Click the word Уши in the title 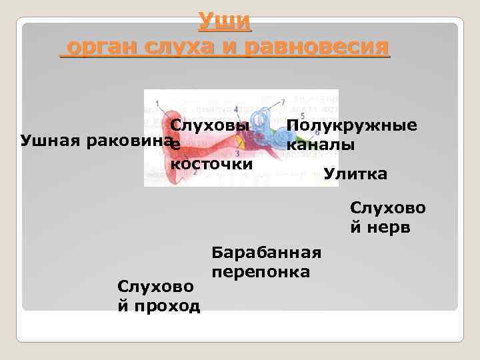point(225,23)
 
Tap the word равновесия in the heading point(316,48)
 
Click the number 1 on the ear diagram point(157,103)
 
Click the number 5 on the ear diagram point(303,115)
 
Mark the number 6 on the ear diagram point(317,133)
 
